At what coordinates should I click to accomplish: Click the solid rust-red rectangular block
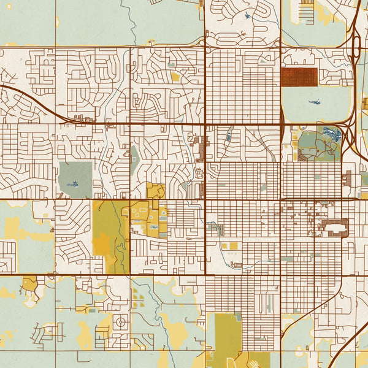(299, 77)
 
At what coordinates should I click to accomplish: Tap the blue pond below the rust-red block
(314, 102)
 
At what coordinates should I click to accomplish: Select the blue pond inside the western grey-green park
(74, 183)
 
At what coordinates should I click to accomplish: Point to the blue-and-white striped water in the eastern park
(331, 133)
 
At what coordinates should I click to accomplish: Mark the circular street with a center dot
(120, 321)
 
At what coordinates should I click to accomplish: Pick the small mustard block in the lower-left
(29, 283)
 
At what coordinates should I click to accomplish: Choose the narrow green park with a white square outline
(134, 160)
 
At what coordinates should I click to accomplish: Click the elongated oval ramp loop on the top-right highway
(357, 46)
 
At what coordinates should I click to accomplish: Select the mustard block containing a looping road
(155, 192)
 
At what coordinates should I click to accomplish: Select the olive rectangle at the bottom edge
(223, 337)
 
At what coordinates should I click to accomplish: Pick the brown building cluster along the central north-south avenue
(199, 147)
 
